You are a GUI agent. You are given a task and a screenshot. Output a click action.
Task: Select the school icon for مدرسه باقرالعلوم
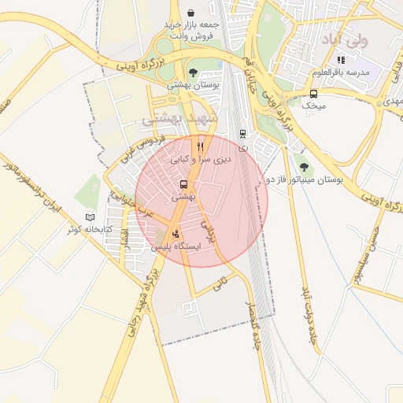pyautogui.click(x=341, y=60)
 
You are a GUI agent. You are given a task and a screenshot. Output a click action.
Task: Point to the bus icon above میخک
pyautogui.click(x=314, y=93)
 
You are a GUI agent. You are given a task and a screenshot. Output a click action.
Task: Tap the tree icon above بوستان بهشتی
pyautogui.click(x=193, y=72)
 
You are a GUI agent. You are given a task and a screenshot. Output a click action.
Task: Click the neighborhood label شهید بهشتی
pyautogui.click(x=174, y=119)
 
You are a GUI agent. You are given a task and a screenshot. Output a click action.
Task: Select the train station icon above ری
pyautogui.click(x=242, y=134)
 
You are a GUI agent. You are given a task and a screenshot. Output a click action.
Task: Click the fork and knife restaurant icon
pyautogui.click(x=201, y=146)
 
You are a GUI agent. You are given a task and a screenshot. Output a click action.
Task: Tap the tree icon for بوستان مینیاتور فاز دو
pyautogui.click(x=303, y=167)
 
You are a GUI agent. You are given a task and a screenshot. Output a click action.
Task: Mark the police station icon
pyautogui.click(x=175, y=233)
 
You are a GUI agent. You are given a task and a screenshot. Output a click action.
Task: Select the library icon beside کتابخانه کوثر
pyautogui.click(x=89, y=216)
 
